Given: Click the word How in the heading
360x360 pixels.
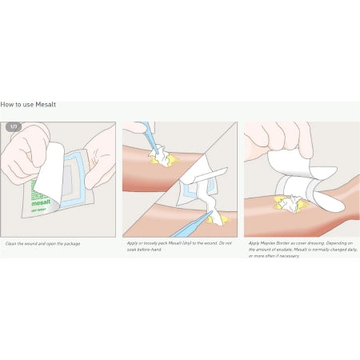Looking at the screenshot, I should [x=6, y=104].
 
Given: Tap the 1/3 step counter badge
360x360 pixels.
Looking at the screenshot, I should [x=14, y=127].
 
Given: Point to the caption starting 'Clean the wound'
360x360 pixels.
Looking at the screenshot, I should [x=42, y=243].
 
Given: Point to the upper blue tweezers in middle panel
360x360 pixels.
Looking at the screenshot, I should [x=149, y=137].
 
